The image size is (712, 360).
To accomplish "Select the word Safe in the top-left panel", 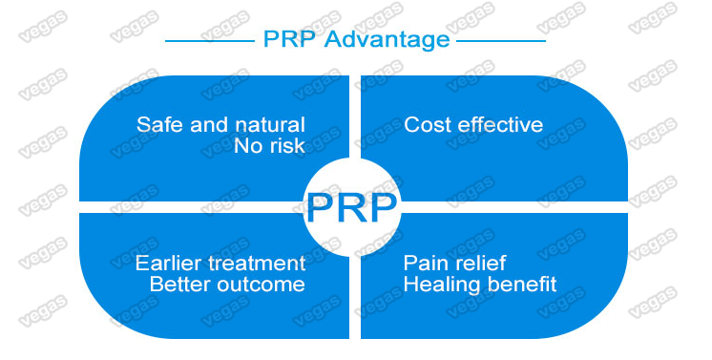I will [x=157, y=125].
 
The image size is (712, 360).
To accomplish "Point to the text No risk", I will [x=269, y=146].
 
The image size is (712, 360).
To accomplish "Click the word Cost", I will [x=426, y=125].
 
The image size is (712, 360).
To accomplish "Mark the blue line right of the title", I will [x=500, y=41].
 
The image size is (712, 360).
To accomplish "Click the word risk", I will [x=286, y=146].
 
